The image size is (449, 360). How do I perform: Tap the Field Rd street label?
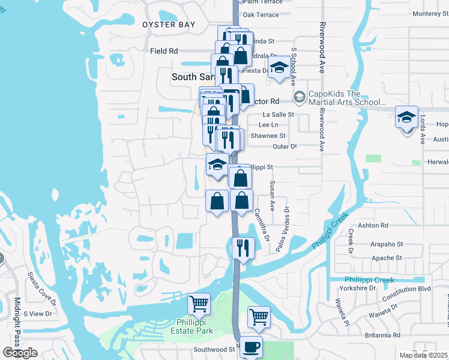(164, 52)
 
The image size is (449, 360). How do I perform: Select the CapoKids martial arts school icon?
(298, 97)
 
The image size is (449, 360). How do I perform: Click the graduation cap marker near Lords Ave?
(406, 117)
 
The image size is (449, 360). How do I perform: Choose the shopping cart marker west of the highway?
(199, 303)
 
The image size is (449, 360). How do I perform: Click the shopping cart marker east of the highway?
(259, 316)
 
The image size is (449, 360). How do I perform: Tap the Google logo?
(20, 353)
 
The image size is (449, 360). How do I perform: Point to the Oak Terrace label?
(261, 15)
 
